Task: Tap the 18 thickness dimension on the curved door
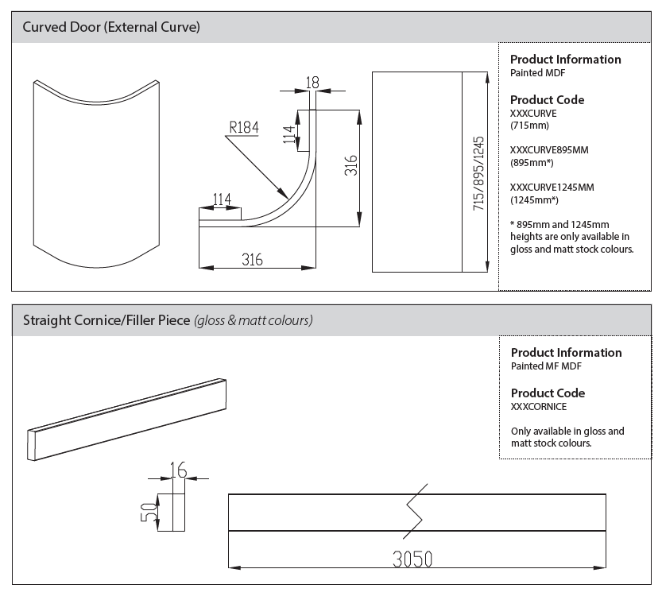[312, 81]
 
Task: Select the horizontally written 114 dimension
[222, 199]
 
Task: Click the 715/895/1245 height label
[478, 172]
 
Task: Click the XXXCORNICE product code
[539, 406]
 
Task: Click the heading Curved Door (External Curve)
[111, 27]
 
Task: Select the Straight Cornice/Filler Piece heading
[106, 321]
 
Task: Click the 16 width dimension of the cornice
[178, 469]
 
